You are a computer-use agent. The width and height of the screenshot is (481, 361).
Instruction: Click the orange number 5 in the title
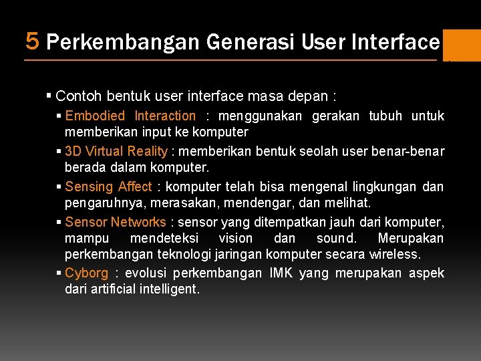point(32,41)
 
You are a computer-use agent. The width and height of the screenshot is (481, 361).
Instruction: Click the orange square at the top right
point(462,45)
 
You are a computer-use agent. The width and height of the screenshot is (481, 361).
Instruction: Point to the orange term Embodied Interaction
point(130,116)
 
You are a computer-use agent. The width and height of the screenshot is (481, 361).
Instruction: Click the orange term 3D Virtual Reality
point(116,151)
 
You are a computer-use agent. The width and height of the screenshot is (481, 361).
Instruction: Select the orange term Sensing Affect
point(108,187)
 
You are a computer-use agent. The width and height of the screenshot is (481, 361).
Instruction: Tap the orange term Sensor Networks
point(115,222)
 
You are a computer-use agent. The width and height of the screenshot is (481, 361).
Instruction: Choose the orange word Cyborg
point(86,273)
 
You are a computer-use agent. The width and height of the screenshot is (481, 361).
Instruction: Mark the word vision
point(236,238)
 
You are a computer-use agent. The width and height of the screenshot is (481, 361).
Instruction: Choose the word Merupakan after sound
point(410,238)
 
